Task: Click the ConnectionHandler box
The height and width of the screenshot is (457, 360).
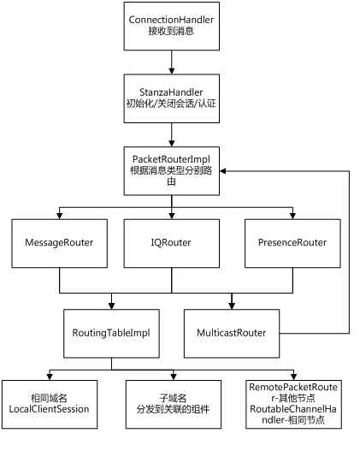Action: (172, 27)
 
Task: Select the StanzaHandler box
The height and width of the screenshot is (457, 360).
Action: (172, 98)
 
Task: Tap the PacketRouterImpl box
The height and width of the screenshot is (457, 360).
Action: (172, 171)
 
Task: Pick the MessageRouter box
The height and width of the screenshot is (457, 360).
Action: (59, 243)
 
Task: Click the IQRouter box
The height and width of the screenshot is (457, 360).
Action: (172, 243)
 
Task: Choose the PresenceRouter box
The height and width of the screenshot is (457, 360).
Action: (292, 243)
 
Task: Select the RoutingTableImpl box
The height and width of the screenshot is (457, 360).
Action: (111, 334)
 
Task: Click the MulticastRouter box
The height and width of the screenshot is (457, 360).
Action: (232, 334)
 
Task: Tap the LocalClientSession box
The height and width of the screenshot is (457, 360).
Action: (50, 404)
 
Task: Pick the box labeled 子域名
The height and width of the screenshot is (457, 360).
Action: (174, 404)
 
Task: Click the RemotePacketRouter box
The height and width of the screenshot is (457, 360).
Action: (293, 404)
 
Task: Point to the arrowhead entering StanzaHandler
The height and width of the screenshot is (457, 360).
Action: (172, 71)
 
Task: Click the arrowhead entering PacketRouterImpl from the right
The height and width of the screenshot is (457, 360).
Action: (223, 171)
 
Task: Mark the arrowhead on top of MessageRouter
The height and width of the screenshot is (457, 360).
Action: (59, 216)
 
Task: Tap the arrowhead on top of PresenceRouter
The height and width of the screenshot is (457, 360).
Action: (292, 216)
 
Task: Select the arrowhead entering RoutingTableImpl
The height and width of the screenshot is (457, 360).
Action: (111, 306)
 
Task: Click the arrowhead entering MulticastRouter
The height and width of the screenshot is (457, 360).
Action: (232, 306)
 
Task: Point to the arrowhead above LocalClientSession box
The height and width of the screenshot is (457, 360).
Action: (50, 377)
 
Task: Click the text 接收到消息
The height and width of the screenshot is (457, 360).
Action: (171, 31)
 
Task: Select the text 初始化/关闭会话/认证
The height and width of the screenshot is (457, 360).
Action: (171, 104)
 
